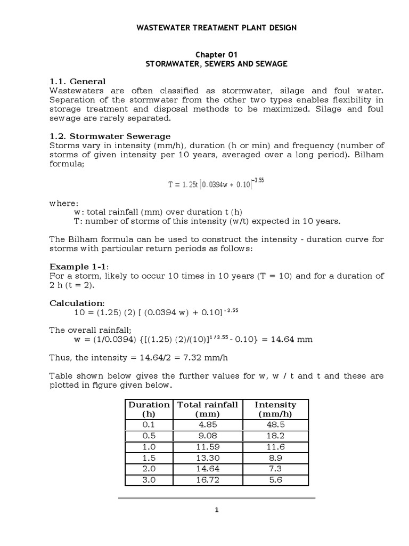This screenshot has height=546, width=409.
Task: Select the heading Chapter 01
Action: click(x=216, y=54)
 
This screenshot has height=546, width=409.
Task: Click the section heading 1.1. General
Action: click(x=78, y=82)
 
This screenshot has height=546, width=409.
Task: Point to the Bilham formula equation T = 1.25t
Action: click(x=216, y=184)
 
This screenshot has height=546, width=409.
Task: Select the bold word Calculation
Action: click(x=76, y=302)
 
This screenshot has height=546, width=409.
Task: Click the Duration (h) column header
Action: click(x=149, y=409)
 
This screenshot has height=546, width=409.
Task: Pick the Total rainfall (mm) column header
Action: click(x=207, y=409)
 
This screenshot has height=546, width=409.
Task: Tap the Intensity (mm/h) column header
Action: click(x=276, y=409)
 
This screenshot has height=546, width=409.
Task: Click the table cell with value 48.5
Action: click(x=276, y=425)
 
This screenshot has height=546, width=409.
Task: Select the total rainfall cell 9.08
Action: click(x=207, y=436)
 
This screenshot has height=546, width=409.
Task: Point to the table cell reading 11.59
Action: click(x=207, y=447)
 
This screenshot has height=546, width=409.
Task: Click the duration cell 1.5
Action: click(x=149, y=458)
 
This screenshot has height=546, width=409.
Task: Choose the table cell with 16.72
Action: click(x=207, y=480)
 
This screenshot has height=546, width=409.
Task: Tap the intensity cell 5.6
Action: click(x=276, y=480)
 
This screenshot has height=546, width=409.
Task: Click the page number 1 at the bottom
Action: click(x=216, y=510)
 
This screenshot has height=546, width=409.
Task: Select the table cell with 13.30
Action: click(x=207, y=458)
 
